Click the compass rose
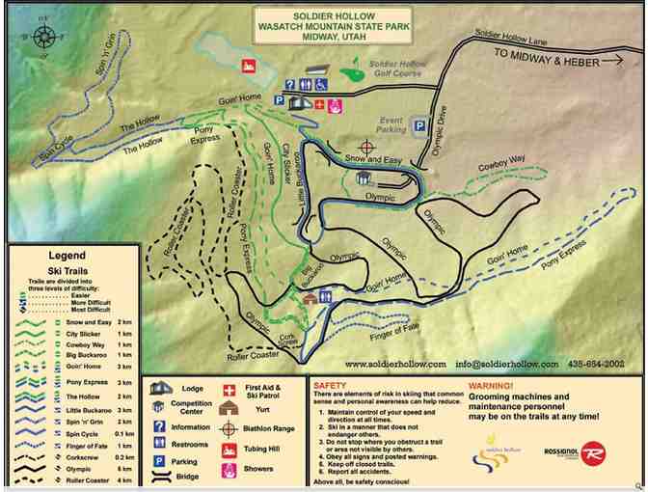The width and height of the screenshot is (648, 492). coord(44,38)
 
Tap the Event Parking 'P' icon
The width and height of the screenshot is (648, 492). coord(419,124)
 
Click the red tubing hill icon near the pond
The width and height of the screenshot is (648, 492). coord(248,68)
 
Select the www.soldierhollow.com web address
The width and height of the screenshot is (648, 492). coord(395,364)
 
